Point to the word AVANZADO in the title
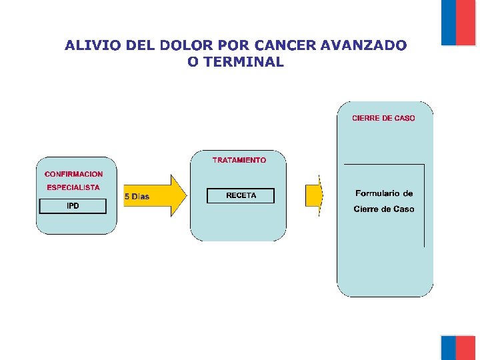[363, 45]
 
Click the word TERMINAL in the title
[245, 63]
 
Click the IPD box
[73, 206]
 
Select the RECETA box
[241, 196]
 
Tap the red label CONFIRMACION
[74, 174]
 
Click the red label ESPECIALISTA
[73, 188]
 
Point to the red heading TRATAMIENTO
[239, 160]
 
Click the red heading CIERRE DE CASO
[383, 118]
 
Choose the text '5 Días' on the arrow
[137, 197]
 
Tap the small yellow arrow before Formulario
[314, 195]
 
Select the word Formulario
[384, 193]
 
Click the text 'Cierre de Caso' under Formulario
[384, 209]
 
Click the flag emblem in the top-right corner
[458, 22]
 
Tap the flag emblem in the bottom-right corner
[458, 347]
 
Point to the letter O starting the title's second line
[193, 63]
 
